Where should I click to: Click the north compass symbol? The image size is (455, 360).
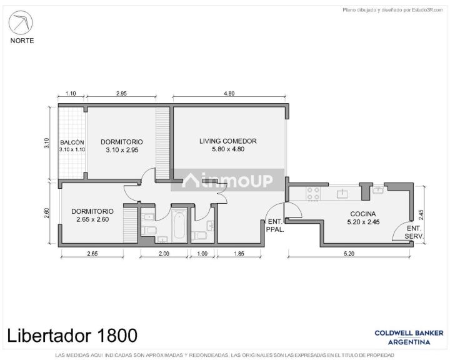click(x=21, y=22)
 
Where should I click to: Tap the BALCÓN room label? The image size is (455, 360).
click(x=72, y=142)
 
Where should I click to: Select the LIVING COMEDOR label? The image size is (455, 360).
click(x=227, y=141)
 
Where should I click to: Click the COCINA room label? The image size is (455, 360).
click(x=362, y=214)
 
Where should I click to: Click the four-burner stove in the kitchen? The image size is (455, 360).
click(x=313, y=194)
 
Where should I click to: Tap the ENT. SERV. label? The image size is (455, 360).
click(x=414, y=232)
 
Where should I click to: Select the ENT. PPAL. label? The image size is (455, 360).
click(x=275, y=226)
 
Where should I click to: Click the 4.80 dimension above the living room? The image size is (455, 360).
click(x=229, y=93)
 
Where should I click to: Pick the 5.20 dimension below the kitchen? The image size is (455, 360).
click(x=349, y=254)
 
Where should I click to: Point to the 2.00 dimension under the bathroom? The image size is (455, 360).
click(x=164, y=254)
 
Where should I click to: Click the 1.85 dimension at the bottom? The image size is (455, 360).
click(x=239, y=254)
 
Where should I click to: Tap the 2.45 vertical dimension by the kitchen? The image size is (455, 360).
click(x=421, y=215)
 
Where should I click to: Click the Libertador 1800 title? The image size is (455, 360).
click(x=72, y=336)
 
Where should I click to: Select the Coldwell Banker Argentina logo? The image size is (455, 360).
click(x=409, y=337)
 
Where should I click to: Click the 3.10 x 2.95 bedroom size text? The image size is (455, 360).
click(x=122, y=150)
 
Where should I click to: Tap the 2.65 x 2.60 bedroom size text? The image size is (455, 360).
click(x=92, y=219)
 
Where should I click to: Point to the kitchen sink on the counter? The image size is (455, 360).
click(x=342, y=194)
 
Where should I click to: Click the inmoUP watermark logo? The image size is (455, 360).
click(x=227, y=180)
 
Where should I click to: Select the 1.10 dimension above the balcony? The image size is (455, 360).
click(x=71, y=93)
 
